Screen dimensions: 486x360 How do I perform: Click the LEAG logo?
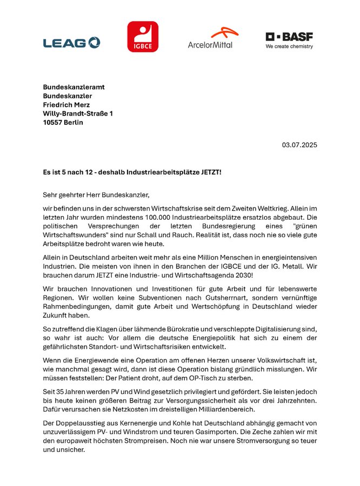point(71,42)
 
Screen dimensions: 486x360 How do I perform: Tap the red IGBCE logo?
point(143,37)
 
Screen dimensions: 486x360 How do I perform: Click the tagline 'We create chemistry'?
point(289,46)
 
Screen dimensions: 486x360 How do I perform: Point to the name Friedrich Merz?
point(66,105)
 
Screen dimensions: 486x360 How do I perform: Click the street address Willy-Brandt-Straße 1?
point(78,113)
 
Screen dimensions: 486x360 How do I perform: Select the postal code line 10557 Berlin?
point(63,123)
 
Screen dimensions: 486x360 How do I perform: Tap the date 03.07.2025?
point(299,145)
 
